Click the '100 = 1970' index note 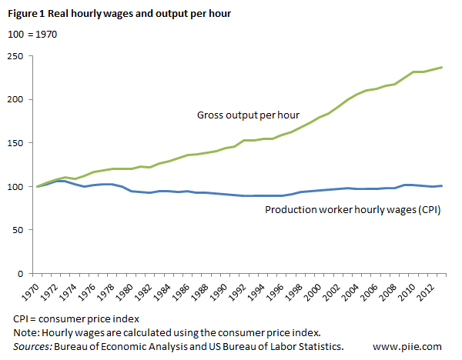click(32, 34)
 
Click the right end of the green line click(441, 67)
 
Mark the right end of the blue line click(441, 185)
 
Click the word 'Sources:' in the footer click(32, 347)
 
